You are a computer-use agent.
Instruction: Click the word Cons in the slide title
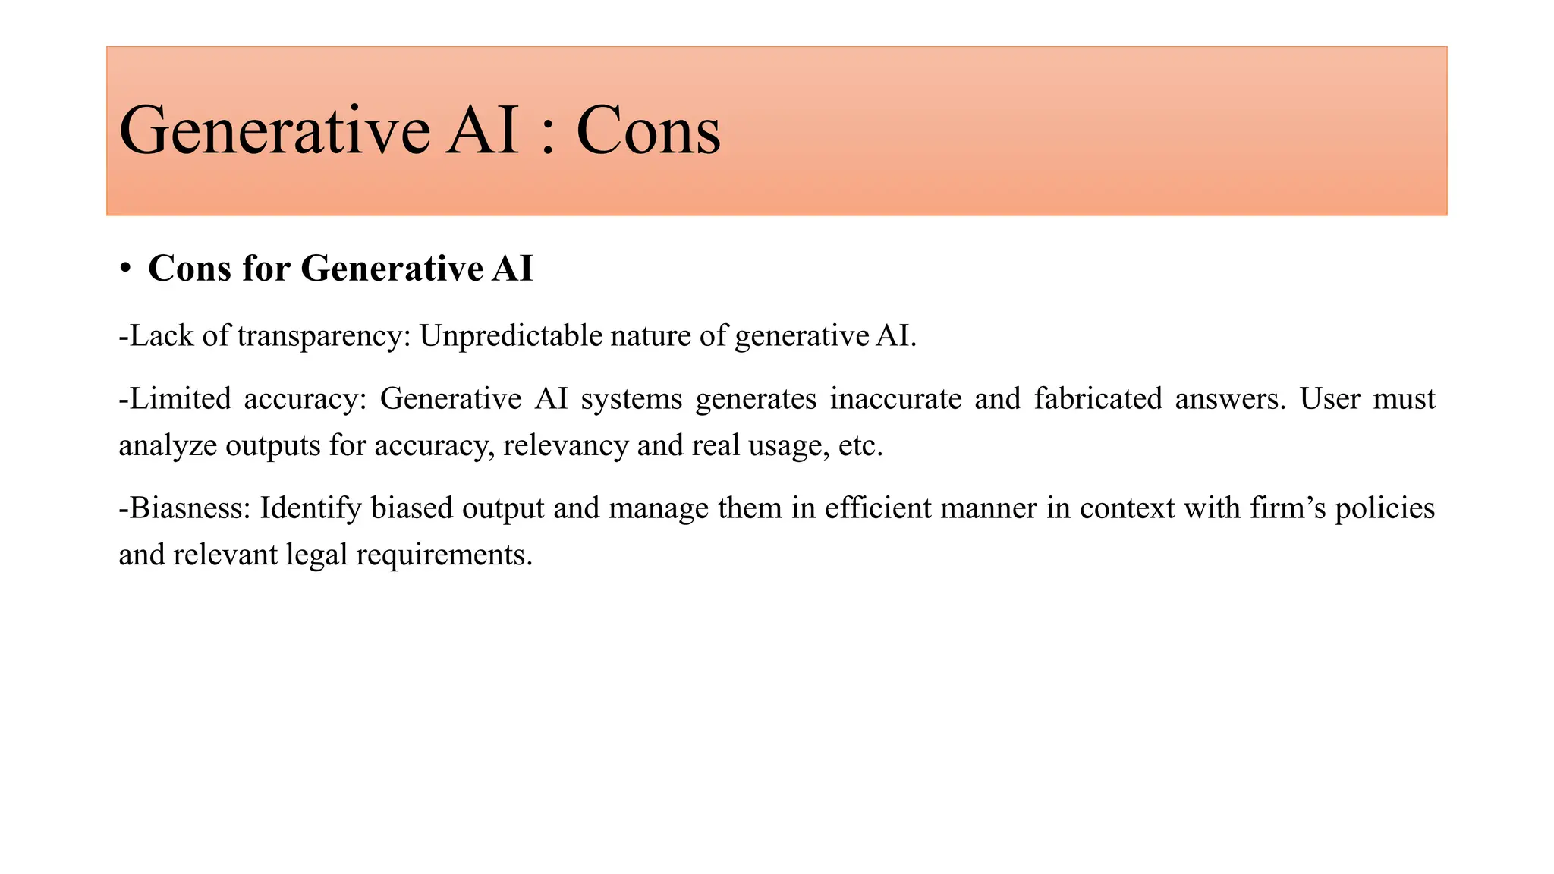(x=648, y=131)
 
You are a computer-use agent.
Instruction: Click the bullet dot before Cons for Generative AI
(x=126, y=269)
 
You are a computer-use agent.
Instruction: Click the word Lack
(x=162, y=336)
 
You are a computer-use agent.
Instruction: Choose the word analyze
(x=167, y=445)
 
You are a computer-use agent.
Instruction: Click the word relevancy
(x=565, y=445)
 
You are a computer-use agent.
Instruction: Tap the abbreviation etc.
(x=860, y=445)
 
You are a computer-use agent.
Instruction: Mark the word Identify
(x=310, y=508)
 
